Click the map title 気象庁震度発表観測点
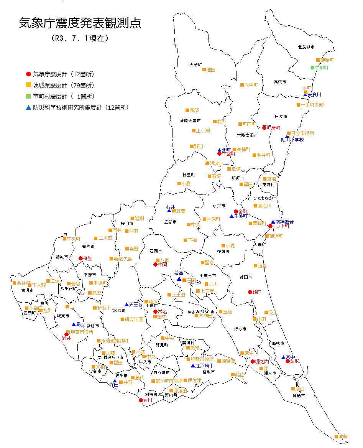[x=80, y=23]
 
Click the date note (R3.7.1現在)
[x=80, y=38]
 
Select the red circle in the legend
[x=28, y=74]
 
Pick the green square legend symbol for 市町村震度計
[x=28, y=96]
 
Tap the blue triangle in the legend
[x=28, y=107]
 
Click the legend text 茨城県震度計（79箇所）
[x=64, y=85]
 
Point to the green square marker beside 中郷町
[x=312, y=68]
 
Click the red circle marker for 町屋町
[x=264, y=128]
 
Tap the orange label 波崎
[x=343, y=437]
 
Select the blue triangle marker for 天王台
[x=126, y=304]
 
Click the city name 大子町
[x=195, y=65]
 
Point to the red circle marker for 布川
[x=141, y=400]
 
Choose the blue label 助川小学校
[x=292, y=140]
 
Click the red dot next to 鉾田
[x=250, y=292]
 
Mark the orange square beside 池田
[x=204, y=70]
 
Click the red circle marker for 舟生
[x=80, y=258]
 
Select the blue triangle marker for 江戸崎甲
[x=193, y=366]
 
